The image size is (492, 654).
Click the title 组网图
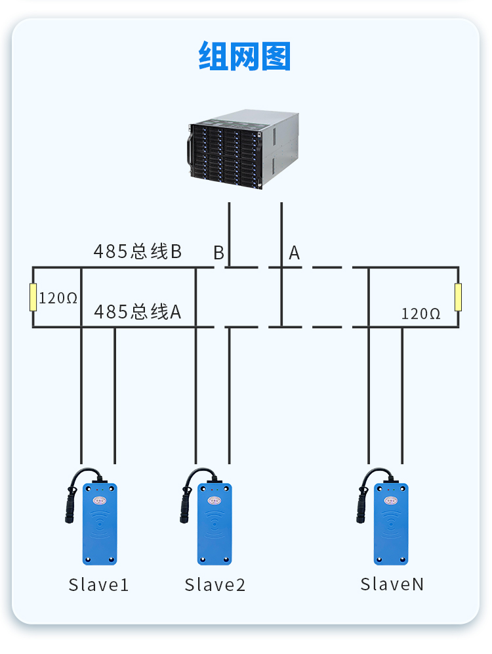(x=244, y=56)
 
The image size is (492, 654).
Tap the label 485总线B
(x=137, y=251)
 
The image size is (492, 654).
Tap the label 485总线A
(x=137, y=311)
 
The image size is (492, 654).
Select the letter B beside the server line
(x=218, y=253)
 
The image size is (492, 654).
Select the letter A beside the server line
(x=295, y=253)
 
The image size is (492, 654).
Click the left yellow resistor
(x=33, y=297)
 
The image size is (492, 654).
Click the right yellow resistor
(x=459, y=297)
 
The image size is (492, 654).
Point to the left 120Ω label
(x=58, y=298)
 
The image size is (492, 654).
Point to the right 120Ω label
(x=420, y=314)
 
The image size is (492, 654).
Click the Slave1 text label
(x=98, y=585)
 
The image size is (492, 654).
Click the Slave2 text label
(x=215, y=585)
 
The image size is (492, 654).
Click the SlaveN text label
(x=392, y=584)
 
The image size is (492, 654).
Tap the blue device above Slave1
(x=100, y=524)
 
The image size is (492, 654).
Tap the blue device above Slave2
(x=215, y=524)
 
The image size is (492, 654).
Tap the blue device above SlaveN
(x=392, y=524)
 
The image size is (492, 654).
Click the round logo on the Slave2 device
(x=215, y=500)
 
